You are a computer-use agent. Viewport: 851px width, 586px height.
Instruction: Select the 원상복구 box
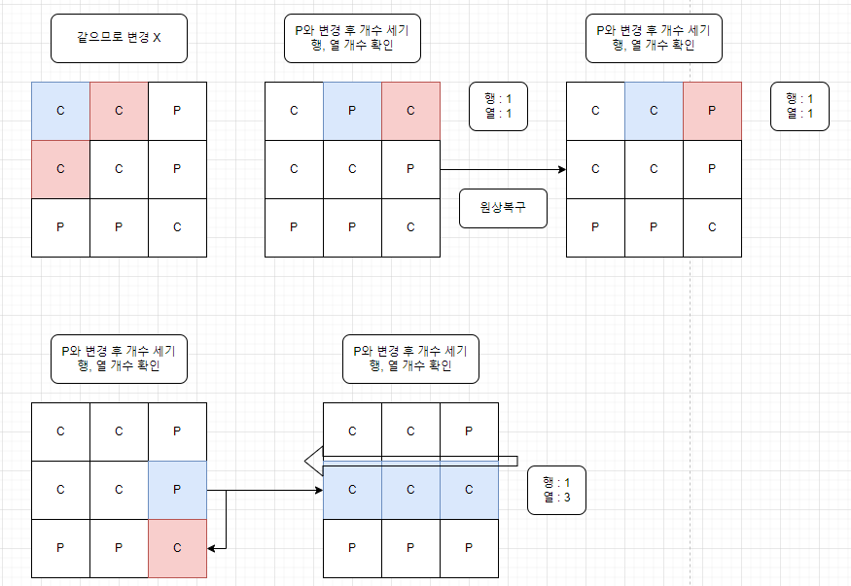click(503, 208)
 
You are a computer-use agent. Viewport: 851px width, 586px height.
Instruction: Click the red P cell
click(712, 111)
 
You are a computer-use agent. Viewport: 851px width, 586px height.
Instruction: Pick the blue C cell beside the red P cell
click(654, 111)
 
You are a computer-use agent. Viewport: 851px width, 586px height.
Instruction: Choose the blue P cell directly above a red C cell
click(177, 490)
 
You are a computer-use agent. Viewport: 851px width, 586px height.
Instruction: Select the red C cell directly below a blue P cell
click(177, 548)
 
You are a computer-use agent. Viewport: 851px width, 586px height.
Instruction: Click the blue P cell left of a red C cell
click(352, 111)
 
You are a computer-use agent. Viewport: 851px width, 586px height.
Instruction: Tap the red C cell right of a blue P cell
click(410, 111)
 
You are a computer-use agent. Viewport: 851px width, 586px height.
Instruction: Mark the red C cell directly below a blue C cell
click(60, 169)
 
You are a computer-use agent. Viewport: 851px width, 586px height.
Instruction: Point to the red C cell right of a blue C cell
click(119, 111)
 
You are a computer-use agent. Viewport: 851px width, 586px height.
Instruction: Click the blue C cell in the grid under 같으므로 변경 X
click(60, 111)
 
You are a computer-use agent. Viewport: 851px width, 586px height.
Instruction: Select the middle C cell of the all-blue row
click(410, 490)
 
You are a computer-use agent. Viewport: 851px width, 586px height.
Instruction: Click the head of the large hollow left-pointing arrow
click(311, 461)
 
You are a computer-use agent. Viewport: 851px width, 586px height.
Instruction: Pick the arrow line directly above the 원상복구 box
click(503, 169)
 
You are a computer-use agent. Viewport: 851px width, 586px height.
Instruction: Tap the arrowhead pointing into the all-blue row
click(318, 491)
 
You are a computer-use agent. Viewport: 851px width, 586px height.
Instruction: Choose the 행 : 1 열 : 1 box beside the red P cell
click(799, 106)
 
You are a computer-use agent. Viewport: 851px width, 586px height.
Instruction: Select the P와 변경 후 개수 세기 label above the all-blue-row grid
click(410, 359)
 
